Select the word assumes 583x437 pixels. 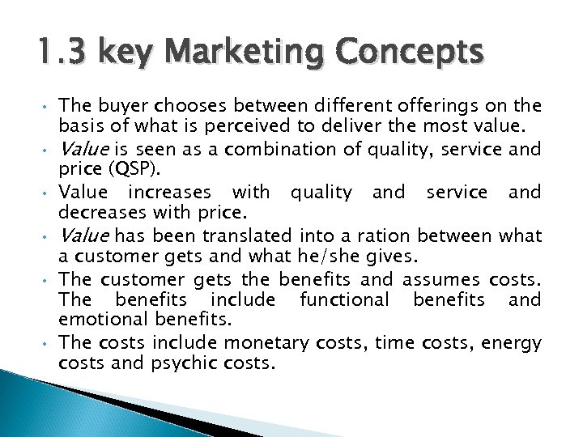click(x=440, y=279)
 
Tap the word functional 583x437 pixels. click(x=343, y=300)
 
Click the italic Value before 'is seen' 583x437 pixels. click(x=82, y=150)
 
